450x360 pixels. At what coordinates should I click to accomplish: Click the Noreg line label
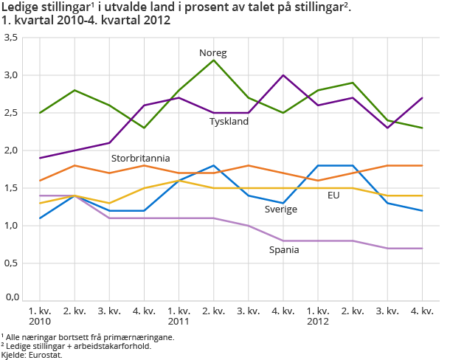coord(213,53)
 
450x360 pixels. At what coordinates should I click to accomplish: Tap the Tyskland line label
coord(229,121)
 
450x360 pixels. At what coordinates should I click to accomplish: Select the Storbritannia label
coord(140,158)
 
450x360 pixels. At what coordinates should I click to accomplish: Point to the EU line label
coord(333,195)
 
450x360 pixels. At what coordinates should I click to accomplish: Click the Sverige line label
coord(281,210)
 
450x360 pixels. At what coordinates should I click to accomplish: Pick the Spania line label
coord(284,249)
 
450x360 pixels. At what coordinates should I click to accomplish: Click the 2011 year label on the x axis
coord(179,321)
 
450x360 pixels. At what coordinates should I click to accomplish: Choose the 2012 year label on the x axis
coord(318,321)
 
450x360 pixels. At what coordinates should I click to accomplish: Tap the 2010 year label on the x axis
coord(39,321)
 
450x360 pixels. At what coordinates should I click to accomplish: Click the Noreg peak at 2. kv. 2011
coord(214,60)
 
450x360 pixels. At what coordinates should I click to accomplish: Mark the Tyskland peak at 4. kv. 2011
coord(283,75)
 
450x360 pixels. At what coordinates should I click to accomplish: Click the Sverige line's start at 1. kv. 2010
coord(40,218)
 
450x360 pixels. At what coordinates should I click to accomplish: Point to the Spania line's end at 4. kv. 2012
coord(423,248)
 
